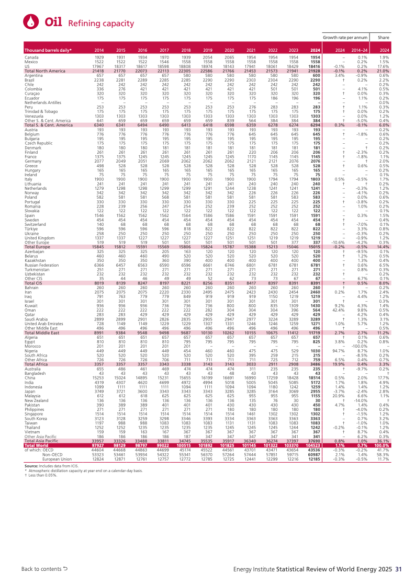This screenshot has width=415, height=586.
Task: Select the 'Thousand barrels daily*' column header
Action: (x=48, y=50)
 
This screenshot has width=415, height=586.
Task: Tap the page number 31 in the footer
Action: (x=398, y=569)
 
